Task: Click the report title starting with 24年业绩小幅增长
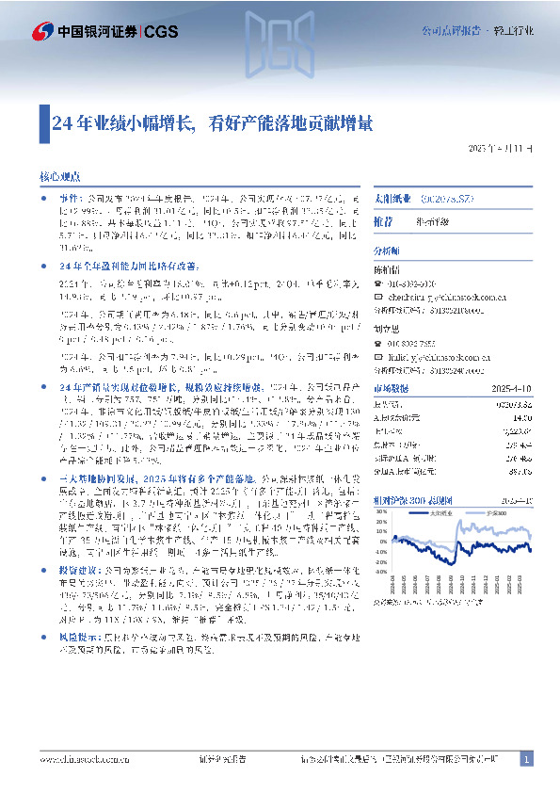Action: pos(213,121)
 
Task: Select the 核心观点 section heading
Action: pos(65,175)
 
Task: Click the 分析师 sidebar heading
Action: pos(386,252)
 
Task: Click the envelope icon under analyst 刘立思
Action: pos(379,359)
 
